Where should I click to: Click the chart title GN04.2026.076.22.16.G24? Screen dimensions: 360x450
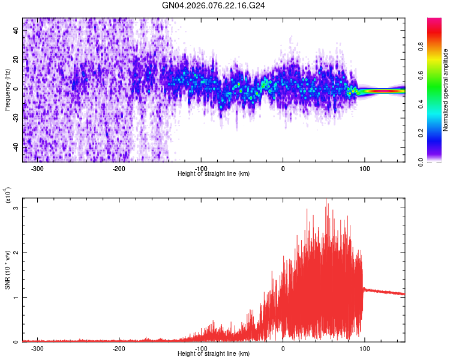pyautogui.click(x=214, y=5)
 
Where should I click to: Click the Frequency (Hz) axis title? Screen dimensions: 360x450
pyautogui.click(x=8, y=89)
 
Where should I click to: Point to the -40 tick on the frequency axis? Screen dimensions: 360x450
pyautogui.click(x=16, y=147)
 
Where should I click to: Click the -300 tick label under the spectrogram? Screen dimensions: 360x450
pyautogui.click(x=37, y=169)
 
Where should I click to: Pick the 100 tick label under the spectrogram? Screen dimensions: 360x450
pyautogui.click(x=364, y=169)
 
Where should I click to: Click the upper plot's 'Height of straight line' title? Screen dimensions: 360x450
pyautogui.click(x=214, y=174)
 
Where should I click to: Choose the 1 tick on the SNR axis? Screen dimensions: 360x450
pyautogui.click(x=17, y=298)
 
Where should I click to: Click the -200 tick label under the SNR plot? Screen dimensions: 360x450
pyautogui.click(x=119, y=349)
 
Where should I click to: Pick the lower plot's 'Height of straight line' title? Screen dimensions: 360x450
pyautogui.click(x=214, y=354)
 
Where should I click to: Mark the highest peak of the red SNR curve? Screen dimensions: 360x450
pyautogui.click(x=327, y=204)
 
